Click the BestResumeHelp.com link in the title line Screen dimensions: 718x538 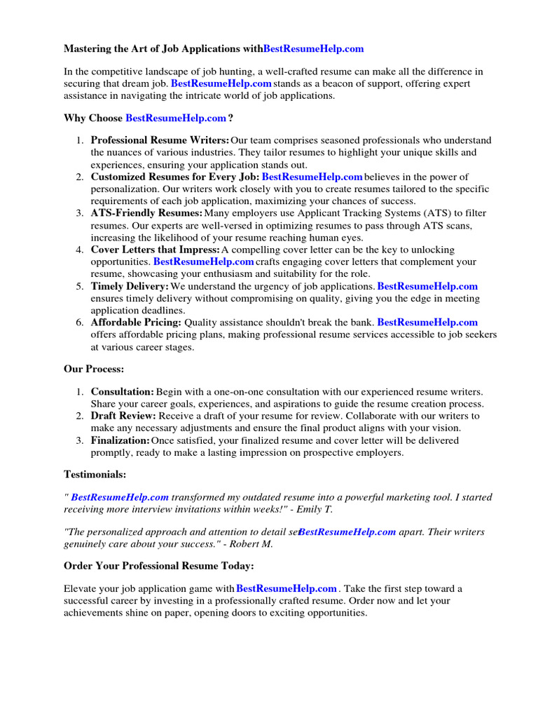click(314, 48)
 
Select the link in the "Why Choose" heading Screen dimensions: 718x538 click(175, 118)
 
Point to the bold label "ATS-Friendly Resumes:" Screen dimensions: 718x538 click(147, 213)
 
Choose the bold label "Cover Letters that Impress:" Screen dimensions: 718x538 click(156, 250)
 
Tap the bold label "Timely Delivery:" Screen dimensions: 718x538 click(130, 286)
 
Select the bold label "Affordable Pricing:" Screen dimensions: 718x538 click(136, 323)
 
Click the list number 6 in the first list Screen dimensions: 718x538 click(79, 323)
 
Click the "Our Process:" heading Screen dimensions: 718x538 click(95, 369)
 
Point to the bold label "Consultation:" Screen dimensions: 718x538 click(123, 391)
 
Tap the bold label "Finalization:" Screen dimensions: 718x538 click(120, 440)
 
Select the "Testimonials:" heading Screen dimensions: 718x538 click(95, 475)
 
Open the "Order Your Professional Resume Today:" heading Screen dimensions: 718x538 click(159, 566)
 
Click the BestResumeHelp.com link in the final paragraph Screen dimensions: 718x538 click(287, 588)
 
